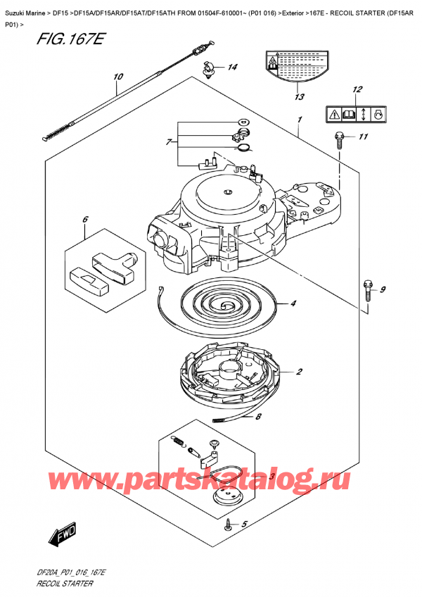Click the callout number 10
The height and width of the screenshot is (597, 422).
click(117, 77)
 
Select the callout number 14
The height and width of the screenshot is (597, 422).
click(232, 68)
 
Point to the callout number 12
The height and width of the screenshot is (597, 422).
click(358, 89)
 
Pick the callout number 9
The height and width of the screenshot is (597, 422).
click(383, 289)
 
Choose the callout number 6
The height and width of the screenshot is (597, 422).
click(84, 219)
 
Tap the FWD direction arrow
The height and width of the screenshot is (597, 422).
click(60, 537)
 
